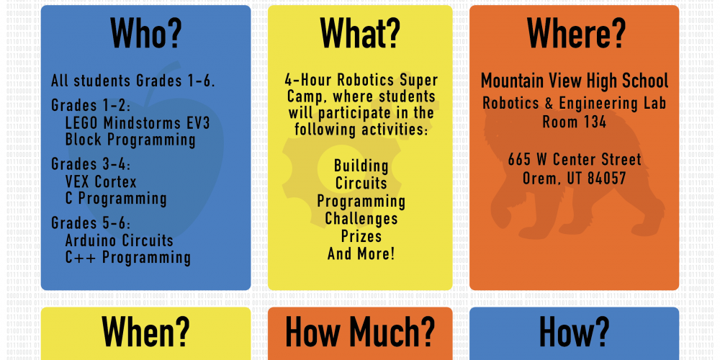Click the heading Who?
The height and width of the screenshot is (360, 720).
146,33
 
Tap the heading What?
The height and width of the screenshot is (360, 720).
360,33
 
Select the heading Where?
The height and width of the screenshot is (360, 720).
576,33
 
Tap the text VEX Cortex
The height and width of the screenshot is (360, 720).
101,182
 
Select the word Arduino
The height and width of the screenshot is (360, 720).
92,240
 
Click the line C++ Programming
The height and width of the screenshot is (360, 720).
128,258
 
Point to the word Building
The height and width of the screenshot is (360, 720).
361,166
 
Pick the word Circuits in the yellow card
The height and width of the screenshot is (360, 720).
361,183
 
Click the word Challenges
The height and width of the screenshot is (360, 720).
361,219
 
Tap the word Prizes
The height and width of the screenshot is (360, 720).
361,236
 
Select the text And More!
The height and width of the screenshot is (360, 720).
361,253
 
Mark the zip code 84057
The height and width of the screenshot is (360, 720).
606,178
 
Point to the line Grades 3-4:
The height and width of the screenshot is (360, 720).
91,164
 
